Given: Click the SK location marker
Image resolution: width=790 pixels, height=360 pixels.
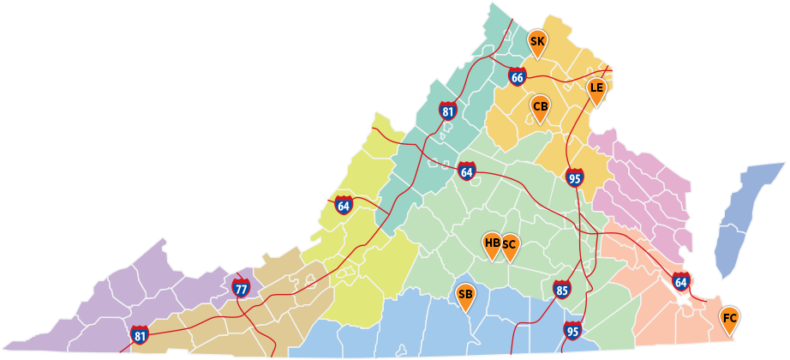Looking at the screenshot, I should (537, 41).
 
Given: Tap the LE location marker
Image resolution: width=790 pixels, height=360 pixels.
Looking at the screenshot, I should (596, 88).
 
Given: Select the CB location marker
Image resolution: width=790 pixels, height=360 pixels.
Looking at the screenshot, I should (541, 107).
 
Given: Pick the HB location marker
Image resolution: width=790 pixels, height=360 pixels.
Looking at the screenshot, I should (492, 243).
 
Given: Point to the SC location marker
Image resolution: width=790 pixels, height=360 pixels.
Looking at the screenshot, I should (509, 245).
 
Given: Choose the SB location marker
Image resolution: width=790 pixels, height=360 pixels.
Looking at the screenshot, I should (465, 296).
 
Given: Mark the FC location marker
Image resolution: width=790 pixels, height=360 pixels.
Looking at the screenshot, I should (729, 319).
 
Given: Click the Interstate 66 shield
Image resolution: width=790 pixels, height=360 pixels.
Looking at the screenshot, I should (517, 76).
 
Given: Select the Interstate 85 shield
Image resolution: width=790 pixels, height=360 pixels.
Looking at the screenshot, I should (562, 289).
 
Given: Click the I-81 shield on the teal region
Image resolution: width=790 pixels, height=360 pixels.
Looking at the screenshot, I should (447, 110).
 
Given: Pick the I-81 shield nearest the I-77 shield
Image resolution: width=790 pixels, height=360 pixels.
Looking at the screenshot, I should (140, 334).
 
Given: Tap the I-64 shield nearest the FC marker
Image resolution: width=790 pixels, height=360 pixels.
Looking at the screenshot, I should (680, 280).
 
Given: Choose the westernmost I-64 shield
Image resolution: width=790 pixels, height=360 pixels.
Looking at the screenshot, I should (344, 205).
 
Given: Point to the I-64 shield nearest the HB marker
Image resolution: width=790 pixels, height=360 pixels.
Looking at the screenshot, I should (466, 171).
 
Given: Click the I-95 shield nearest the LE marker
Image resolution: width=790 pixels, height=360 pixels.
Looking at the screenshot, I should (575, 177).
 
